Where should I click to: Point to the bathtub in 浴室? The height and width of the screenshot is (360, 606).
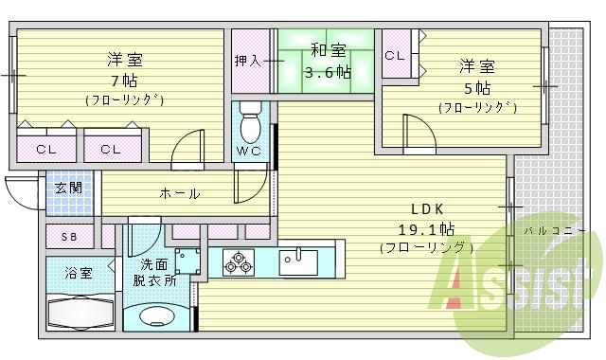tap(80, 312)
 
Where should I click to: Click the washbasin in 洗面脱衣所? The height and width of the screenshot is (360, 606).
tap(151, 317)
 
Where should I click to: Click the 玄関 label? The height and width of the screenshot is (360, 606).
tap(67, 188)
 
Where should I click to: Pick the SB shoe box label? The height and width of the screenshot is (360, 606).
tap(69, 237)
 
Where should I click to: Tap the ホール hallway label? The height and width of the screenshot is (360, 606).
tap(179, 193)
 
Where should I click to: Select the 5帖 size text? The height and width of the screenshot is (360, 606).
tap(477, 87)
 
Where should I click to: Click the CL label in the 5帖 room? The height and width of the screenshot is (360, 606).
tap(395, 56)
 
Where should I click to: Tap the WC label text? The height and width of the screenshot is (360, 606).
tap(249, 152)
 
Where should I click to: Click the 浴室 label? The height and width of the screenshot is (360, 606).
tap(79, 274)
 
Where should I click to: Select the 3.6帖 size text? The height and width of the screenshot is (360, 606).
tap(329, 72)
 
